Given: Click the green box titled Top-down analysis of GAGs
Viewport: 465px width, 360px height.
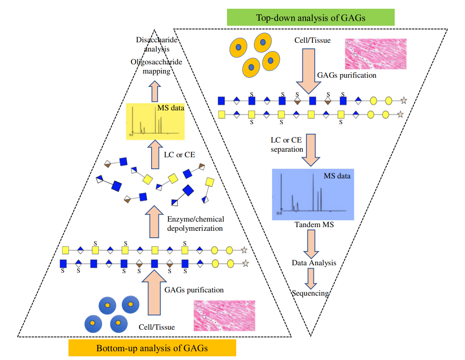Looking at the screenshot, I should [x=311, y=18].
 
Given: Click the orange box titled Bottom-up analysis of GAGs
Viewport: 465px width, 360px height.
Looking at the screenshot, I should [x=152, y=348].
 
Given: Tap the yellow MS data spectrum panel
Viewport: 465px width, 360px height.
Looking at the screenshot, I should [x=155, y=121].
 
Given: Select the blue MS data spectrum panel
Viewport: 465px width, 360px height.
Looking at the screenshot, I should [x=313, y=194].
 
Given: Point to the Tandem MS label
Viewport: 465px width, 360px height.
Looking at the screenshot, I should [x=314, y=225].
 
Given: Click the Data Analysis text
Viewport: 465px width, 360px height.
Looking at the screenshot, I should [x=314, y=263].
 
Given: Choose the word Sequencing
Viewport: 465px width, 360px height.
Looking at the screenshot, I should [x=311, y=293].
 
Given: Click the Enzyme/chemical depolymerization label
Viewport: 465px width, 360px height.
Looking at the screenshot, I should [x=195, y=224].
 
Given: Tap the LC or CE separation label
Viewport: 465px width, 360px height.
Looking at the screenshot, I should [x=287, y=144].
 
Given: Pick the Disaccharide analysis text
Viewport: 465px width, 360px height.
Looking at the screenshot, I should [x=153, y=44].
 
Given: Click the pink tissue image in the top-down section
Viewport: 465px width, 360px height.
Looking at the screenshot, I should [x=375, y=54].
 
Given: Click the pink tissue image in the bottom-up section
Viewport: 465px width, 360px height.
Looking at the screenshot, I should [x=224, y=315].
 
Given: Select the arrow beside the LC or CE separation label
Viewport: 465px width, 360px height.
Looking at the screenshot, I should [x=311, y=149].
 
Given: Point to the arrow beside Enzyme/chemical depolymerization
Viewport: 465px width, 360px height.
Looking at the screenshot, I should [x=155, y=221].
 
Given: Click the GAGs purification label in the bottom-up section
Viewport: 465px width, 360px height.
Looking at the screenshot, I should [x=194, y=290].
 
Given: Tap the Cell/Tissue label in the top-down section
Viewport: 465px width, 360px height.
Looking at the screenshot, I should [x=312, y=40].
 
